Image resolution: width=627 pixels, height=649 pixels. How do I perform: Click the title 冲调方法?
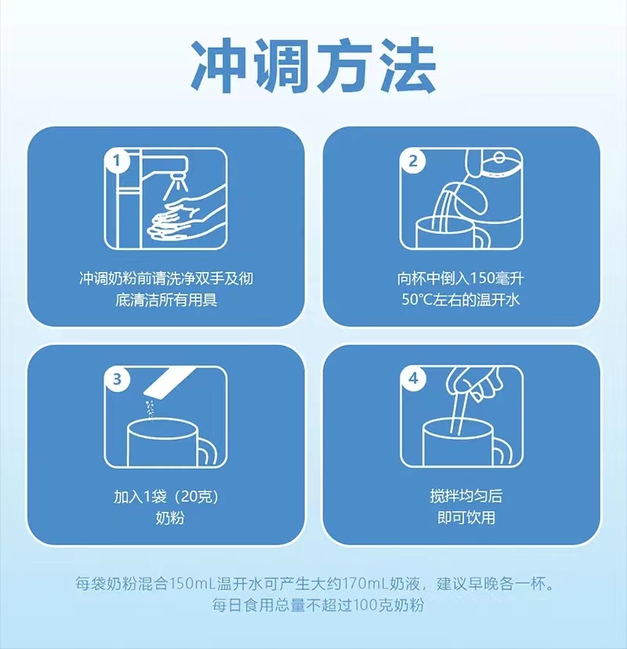[x=313, y=66]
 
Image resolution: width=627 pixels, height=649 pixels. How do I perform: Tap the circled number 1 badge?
[x=117, y=160]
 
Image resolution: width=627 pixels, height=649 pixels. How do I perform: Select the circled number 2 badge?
[x=412, y=161]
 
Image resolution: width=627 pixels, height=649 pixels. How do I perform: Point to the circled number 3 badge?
[x=117, y=379]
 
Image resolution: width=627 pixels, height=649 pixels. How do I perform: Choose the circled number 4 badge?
[x=412, y=379]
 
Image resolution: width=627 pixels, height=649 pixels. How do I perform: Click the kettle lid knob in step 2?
[x=499, y=158]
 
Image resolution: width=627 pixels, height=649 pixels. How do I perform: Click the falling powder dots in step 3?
[x=150, y=410]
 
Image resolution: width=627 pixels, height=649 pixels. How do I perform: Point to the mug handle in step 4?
[x=503, y=451]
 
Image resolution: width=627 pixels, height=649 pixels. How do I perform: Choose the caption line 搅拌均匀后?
[x=466, y=496]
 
